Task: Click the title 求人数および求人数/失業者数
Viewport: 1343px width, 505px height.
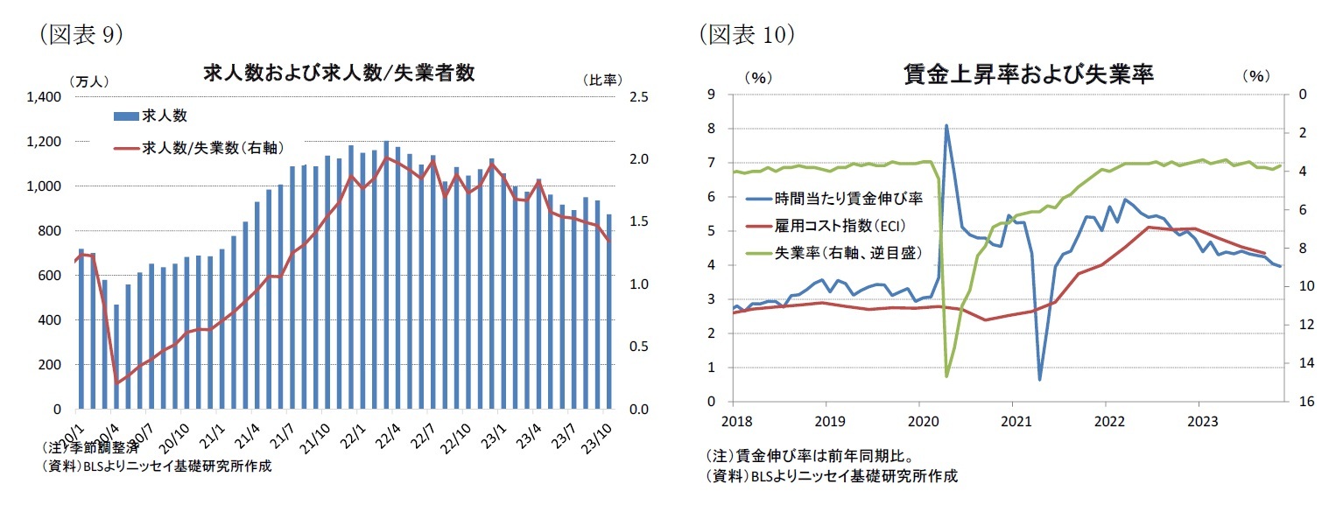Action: click(x=339, y=74)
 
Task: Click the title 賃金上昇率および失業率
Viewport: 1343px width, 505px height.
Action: click(x=1028, y=74)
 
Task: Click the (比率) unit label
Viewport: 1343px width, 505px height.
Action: click(x=601, y=80)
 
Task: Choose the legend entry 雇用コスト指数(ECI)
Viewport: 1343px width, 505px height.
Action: click(x=837, y=225)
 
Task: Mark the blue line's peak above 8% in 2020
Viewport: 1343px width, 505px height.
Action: click(x=946, y=125)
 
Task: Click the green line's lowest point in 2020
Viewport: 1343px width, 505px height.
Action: click(x=946, y=376)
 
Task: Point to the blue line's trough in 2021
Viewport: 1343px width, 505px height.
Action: click(x=1039, y=380)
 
